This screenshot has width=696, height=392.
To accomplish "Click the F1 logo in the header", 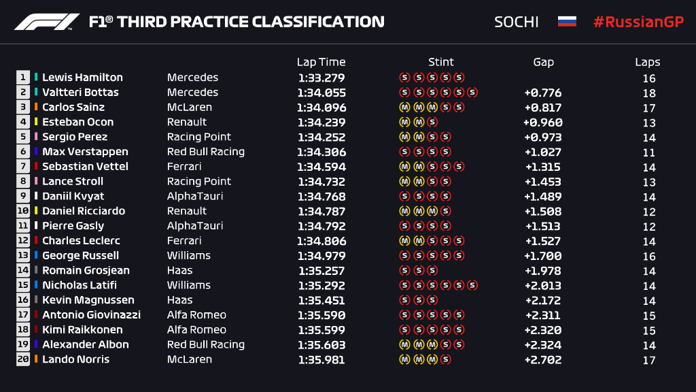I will (x=47, y=22).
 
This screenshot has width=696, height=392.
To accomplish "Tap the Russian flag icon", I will (x=567, y=21).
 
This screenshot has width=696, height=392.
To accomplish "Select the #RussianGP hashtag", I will (x=638, y=22).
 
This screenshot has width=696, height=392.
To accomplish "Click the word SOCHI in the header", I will (x=516, y=22).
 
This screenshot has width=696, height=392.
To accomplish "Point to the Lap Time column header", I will (x=321, y=62).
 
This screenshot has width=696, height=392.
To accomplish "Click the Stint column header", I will (x=441, y=62).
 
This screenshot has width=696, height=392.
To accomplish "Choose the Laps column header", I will (x=648, y=62).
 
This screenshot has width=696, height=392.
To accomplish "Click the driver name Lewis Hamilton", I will (x=82, y=78).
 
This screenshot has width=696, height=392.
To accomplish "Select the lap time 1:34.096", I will (x=321, y=108).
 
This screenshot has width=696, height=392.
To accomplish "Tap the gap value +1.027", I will (x=542, y=152).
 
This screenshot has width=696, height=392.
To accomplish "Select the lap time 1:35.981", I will (x=321, y=359).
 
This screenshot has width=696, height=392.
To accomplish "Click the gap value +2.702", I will (x=542, y=359).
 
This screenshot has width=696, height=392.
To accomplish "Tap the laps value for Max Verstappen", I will (x=648, y=152).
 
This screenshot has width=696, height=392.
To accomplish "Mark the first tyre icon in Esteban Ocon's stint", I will (x=404, y=122).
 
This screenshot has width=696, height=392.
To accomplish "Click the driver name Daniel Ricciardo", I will (x=84, y=211).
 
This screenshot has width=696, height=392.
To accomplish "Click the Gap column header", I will (x=543, y=62).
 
